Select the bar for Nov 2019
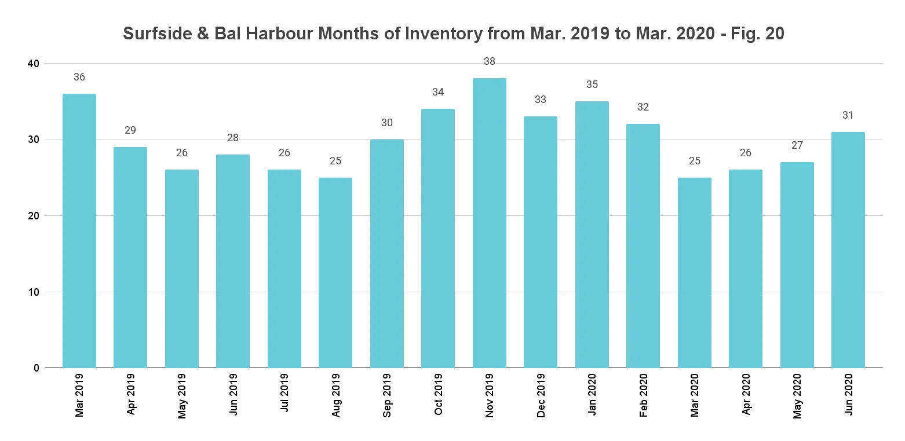pyautogui.click(x=489, y=223)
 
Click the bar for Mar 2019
pyautogui.click(x=79, y=230)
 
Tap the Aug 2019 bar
pyautogui.click(x=335, y=273)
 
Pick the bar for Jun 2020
pyautogui.click(x=848, y=249)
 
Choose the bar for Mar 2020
pyautogui.click(x=694, y=273)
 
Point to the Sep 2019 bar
pyautogui.click(x=387, y=253)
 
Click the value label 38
pyautogui.click(x=490, y=61)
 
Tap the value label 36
pyautogui.click(x=79, y=77)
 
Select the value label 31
pyautogui.click(x=848, y=115)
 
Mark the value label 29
pyautogui.click(x=130, y=130)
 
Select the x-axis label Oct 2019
pyautogui.click(x=439, y=395)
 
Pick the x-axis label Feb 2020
pyautogui.click(x=643, y=395)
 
